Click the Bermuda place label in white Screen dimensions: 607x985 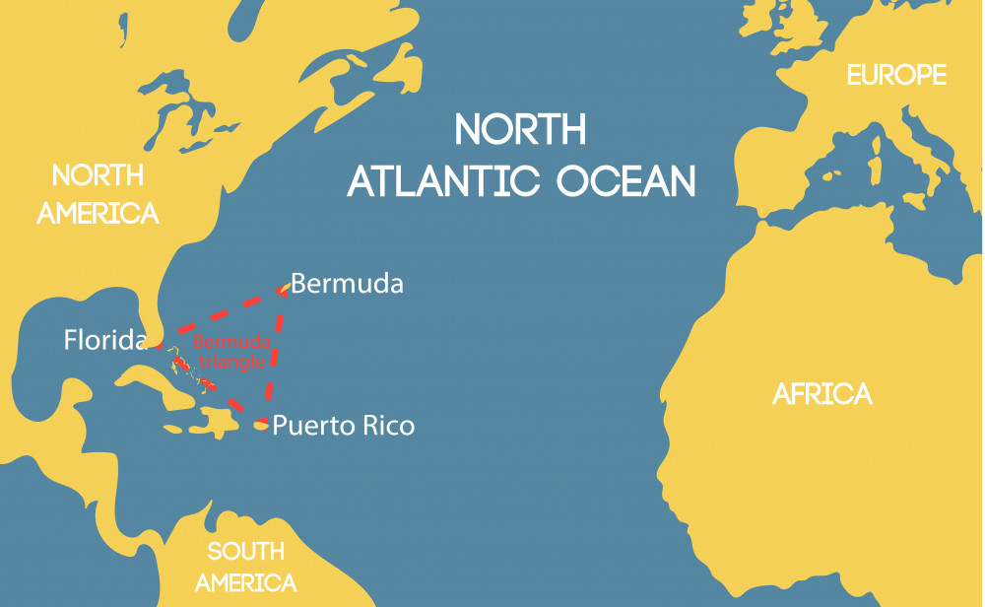[x=347, y=284]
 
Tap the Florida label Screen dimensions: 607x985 [x=104, y=341]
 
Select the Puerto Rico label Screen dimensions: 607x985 [x=343, y=426]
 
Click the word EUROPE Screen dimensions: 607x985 [x=896, y=75]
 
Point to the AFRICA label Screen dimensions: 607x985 [x=821, y=394]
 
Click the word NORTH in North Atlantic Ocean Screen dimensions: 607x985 [x=520, y=129]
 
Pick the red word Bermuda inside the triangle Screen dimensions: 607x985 [x=231, y=343]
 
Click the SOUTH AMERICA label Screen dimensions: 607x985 [x=245, y=567]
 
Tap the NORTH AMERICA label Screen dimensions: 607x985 [x=98, y=194]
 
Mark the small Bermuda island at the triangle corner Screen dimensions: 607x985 [x=284, y=289]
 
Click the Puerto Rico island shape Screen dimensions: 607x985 [x=260, y=425]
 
